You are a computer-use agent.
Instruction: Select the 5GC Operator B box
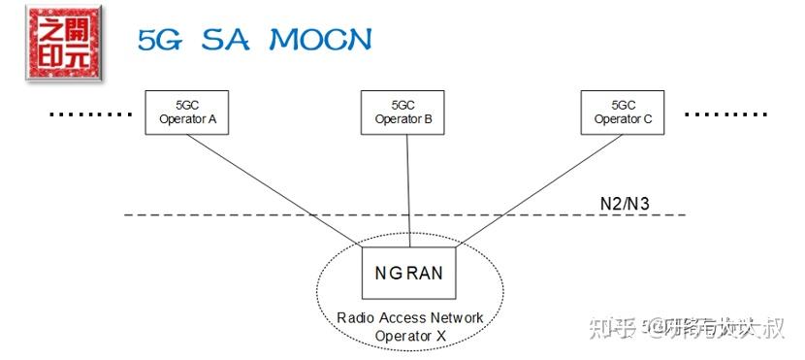click(402, 112)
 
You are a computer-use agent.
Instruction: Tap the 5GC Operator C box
click(623, 112)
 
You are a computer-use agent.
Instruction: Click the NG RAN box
click(409, 273)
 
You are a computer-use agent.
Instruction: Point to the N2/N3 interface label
click(625, 204)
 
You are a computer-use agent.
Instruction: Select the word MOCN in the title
click(320, 40)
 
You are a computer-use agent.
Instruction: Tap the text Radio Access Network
click(409, 318)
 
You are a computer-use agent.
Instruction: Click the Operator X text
click(409, 336)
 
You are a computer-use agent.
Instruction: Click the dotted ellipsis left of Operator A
click(89, 114)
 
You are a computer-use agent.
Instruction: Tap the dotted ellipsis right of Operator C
click(725, 114)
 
